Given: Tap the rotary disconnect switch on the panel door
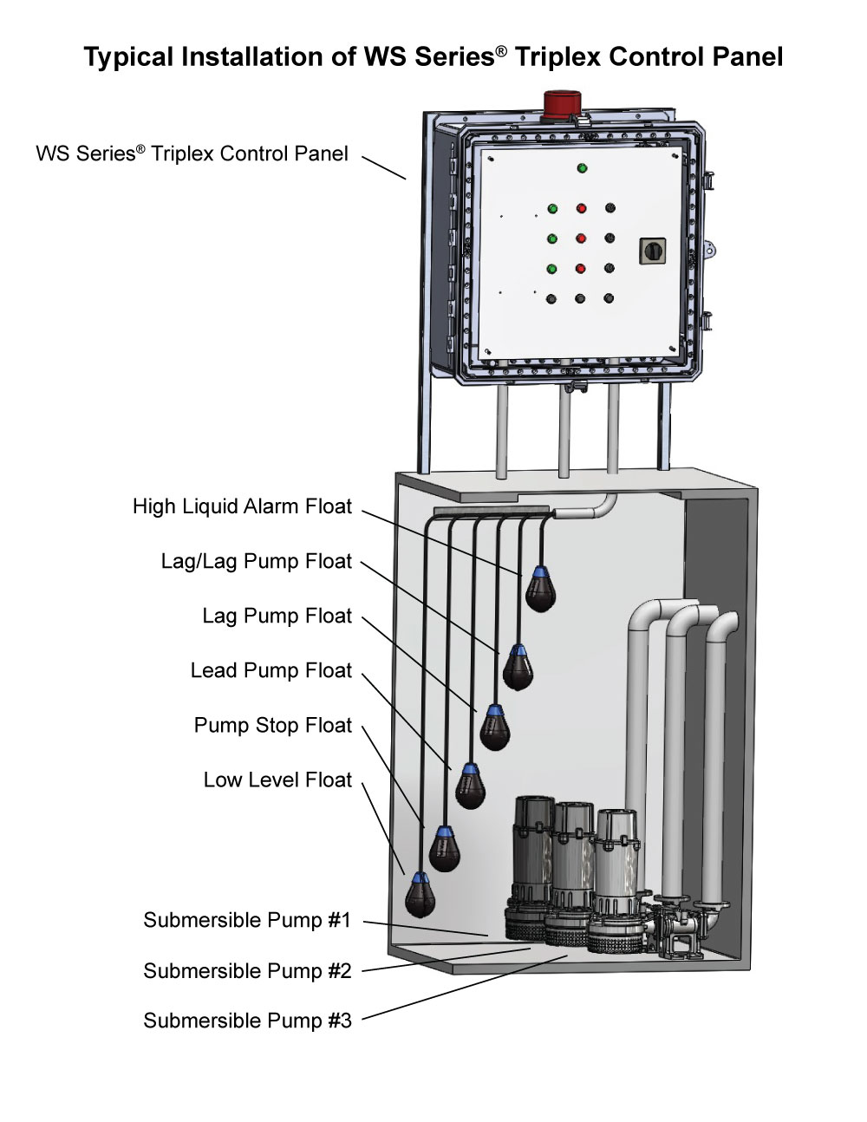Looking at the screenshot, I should [652, 251].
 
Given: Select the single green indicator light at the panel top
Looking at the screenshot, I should [582, 168].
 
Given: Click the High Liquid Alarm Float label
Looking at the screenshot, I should [242, 506].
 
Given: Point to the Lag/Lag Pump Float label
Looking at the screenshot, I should [257, 561].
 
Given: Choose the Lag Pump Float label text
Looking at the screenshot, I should [277, 616].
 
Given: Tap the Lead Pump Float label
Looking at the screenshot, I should [271, 670].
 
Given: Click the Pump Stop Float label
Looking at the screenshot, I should [273, 725].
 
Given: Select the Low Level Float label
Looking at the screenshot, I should [277, 780].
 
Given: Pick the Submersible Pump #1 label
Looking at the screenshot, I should [247, 920].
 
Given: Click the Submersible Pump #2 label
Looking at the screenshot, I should [247, 970].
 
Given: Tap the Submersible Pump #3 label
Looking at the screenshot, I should [247, 1021].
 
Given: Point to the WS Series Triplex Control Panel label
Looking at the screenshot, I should [192, 153].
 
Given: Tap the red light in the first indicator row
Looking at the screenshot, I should [581, 208].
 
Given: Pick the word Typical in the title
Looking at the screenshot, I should [128, 57].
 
